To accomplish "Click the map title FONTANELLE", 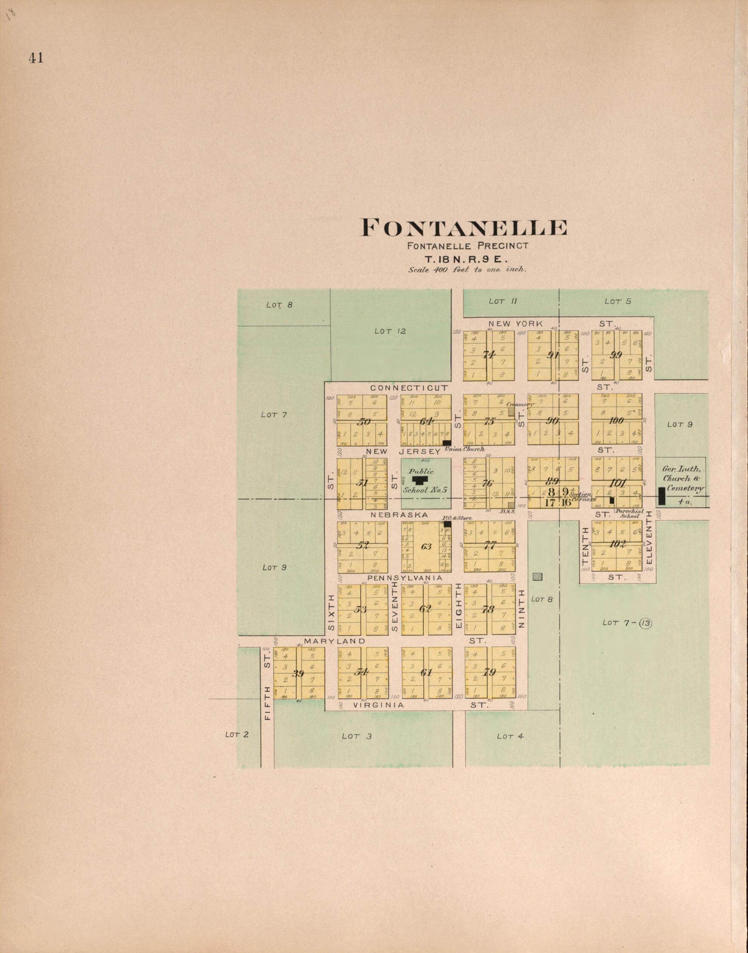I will (x=463, y=228).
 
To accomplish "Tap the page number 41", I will (x=36, y=58).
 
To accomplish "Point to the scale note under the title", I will (x=467, y=270).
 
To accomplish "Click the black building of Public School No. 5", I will (x=420, y=480).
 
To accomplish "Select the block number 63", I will (x=426, y=546).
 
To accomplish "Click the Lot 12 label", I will (x=390, y=332).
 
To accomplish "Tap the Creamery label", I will (x=521, y=404).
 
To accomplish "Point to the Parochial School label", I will (x=629, y=513).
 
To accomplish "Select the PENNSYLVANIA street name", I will (x=405, y=578).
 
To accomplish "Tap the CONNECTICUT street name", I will (x=409, y=388).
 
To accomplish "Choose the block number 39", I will (x=298, y=673).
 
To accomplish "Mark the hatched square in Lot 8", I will (x=537, y=577).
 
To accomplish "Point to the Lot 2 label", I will (x=236, y=734).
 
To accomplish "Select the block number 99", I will (x=616, y=355).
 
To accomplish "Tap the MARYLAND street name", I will (x=334, y=641).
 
